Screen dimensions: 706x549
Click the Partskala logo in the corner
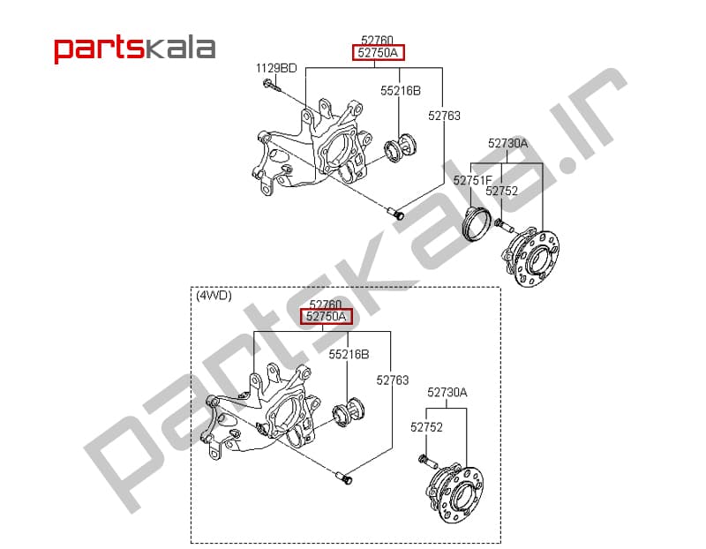(135, 49)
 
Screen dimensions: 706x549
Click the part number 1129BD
(276, 68)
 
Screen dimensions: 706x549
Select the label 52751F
(473, 180)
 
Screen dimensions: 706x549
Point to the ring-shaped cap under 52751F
(477, 223)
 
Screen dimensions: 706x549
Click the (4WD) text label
(214, 296)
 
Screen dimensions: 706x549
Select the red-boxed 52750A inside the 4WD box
(327, 317)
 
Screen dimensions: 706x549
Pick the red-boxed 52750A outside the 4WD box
(379, 53)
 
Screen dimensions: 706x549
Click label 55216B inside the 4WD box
(349, 355)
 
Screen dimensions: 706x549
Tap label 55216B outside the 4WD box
(401, 91)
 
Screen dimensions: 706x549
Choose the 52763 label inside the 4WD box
(393, 380)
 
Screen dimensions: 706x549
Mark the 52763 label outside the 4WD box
(444, 116)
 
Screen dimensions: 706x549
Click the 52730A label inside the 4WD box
(447, 392)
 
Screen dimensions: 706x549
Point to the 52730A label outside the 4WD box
(508, 143)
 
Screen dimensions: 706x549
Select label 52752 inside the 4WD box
(426, 426)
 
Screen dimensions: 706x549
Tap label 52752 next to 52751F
(501, 191)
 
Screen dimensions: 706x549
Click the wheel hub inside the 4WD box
(455, 494)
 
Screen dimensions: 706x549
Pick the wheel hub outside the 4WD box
(531, 258)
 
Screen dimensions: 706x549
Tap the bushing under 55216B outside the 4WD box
(400, 148)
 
